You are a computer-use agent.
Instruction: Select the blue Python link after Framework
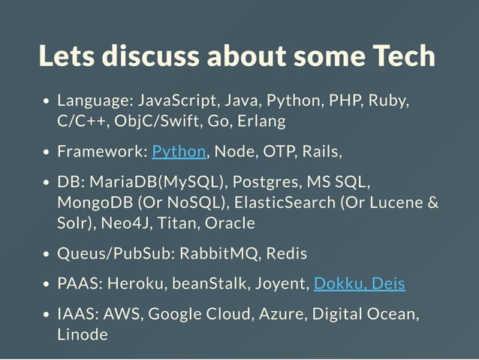(x=179, y=152)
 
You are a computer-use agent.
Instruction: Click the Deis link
(x=388, y=283)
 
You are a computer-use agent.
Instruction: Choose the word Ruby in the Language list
(x=389, y=101)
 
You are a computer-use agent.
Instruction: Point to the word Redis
(x=286, y=253)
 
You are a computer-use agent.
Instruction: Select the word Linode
(x=83, y=334)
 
